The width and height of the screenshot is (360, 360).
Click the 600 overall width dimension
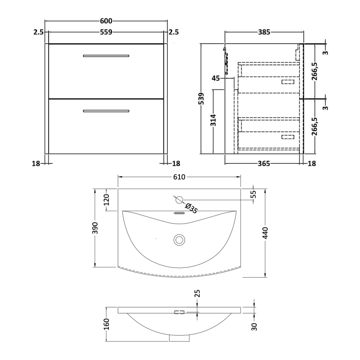106,21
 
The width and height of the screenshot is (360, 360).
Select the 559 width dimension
106,32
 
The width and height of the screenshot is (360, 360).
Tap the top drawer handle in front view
106,56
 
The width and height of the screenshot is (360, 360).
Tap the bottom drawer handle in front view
106,111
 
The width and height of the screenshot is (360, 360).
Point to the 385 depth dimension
264,32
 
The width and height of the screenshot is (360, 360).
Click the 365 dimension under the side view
264,164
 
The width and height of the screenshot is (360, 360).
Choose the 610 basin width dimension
179,177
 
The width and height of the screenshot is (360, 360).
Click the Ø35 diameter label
191,209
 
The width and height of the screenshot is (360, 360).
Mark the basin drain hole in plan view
179,239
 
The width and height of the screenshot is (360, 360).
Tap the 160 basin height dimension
107,324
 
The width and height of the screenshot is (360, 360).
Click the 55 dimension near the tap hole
253,194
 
